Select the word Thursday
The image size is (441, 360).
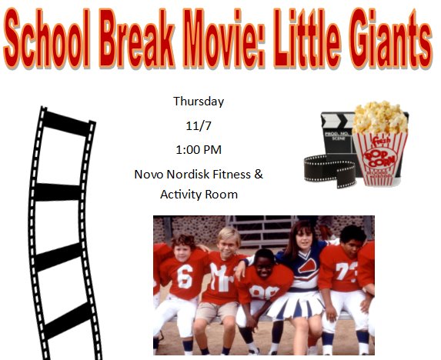point(199,101)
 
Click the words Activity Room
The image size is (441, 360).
point(199,195)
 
